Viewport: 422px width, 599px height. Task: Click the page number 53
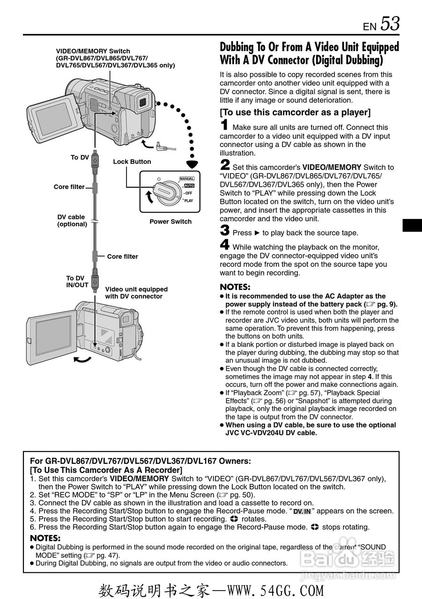point(390,23)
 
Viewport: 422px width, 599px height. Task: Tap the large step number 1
point(225,125)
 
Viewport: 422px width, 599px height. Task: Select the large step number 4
point(225,244)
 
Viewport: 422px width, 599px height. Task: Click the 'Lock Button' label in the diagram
point(132,161)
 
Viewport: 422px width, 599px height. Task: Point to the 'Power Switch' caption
point(170,221)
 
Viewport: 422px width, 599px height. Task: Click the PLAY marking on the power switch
point(188,201)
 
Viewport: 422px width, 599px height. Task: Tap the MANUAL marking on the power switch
point(187,179)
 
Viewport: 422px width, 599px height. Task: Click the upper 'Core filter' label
point(69,187)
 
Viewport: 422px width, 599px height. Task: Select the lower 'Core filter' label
point(122,256)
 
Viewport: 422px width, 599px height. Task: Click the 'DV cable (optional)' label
point(72,220)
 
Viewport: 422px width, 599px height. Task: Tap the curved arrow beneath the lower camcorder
point(82,359)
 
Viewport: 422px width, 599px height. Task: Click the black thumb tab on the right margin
point(412,225)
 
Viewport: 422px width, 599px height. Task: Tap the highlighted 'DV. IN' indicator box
point(302,511)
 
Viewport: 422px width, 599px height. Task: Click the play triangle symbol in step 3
point(257,233)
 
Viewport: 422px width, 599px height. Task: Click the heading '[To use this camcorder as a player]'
point(295,112)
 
